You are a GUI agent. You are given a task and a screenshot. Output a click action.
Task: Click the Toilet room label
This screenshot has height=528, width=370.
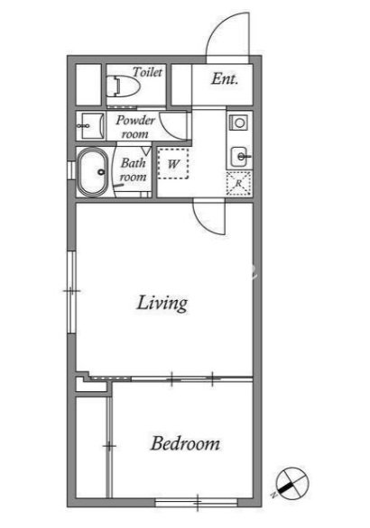147,72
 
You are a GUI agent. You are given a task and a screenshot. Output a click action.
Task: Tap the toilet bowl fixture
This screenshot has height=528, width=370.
123,86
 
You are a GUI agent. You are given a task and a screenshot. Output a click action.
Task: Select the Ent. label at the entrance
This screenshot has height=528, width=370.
225,78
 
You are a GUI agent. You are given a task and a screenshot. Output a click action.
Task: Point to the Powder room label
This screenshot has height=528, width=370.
135,127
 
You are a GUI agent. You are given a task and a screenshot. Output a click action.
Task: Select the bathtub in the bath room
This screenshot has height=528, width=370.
92,172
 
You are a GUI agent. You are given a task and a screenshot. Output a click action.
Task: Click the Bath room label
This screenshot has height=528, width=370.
134,169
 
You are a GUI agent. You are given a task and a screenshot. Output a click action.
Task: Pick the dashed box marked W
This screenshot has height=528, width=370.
173,164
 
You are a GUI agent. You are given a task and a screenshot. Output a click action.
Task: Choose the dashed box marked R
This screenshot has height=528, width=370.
239,183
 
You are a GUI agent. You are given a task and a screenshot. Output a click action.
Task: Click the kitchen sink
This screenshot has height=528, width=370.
240,157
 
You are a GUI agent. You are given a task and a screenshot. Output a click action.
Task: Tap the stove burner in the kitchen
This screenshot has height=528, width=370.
239,123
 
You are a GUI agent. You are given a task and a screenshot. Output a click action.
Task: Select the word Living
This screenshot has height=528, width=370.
162,303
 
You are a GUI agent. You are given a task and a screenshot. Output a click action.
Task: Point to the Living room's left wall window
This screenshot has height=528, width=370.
71,292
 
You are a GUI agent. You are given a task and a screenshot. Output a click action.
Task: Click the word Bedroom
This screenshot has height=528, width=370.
185,443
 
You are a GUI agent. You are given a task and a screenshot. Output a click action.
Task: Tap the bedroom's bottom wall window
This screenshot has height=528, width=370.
197,503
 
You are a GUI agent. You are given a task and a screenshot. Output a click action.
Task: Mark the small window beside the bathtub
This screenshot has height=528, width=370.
70,170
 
